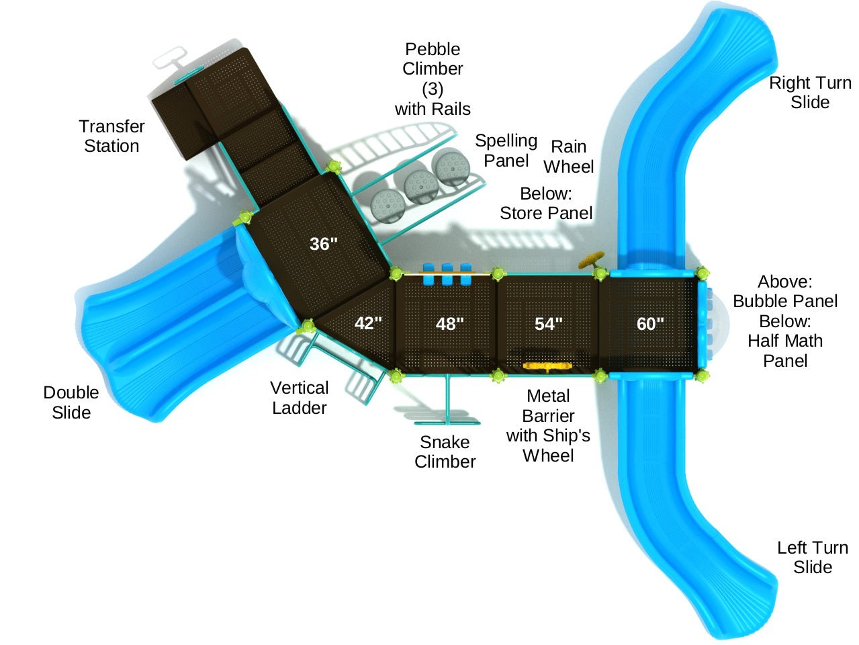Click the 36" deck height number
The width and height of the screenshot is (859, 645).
coord(324,244)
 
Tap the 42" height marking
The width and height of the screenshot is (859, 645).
coord(368,323)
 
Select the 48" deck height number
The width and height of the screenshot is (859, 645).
coord(449,324)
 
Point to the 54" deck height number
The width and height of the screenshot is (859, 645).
coord(548,324)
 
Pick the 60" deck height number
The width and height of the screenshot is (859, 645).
coord(650,324)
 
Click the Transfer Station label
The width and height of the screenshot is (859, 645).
coord(111,136)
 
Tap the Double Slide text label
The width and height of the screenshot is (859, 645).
coord(71,402)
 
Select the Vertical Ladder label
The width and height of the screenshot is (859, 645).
coord(300,398)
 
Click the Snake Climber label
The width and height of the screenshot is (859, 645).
coord(445,451)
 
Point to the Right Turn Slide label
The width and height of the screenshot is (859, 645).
coord(810,93)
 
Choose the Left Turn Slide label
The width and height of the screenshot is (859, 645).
coord(813,557)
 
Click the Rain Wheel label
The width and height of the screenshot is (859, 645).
coord(569,157)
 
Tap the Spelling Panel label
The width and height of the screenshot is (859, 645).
coord(506,150)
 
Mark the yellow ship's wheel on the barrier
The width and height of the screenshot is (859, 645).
coord(547,366)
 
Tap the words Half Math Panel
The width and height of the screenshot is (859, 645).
coord(785,350)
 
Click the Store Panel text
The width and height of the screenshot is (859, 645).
coord(546,213)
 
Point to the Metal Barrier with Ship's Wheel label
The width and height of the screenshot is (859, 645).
coord(548,425)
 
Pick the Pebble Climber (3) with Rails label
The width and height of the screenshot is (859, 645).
coord(433,79)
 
